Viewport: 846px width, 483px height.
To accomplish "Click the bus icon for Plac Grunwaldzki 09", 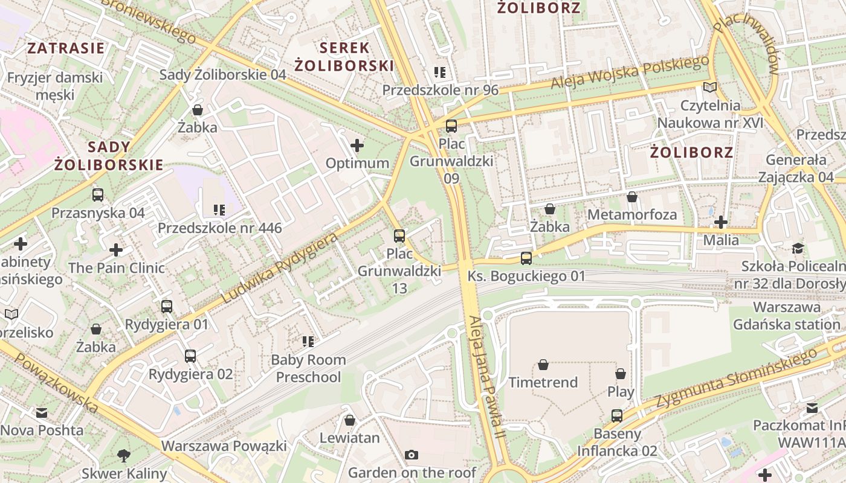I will point(451,126).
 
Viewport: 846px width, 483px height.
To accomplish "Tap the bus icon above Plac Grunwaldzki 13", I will point(399,235).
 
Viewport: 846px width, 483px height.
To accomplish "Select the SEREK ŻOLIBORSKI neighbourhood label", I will point(344,57).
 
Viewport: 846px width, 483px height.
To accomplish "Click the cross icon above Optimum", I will point(357,146).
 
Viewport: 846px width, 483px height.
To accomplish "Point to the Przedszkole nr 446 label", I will point(219,228).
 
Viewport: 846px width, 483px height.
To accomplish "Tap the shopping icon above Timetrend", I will point(543,365).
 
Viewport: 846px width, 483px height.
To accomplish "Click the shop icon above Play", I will point(621,374).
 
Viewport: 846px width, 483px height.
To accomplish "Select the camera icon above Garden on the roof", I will point(412,455).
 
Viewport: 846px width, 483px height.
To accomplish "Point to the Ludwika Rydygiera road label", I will point(279,268).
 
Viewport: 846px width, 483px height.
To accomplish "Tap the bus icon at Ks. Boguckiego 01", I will point(526,258).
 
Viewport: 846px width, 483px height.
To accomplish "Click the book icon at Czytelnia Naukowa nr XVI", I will point(710,88).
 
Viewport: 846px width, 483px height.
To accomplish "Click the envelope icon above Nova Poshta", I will point(41,413).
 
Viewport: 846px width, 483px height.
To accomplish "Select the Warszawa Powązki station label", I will point(224,446).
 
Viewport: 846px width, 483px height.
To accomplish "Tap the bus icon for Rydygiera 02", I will point(190,356).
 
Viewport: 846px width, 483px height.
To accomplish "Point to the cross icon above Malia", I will point(720,222).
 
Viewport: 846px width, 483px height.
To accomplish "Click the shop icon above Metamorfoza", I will point(632,197).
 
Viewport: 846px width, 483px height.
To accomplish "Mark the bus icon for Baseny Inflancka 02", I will point(616,415).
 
